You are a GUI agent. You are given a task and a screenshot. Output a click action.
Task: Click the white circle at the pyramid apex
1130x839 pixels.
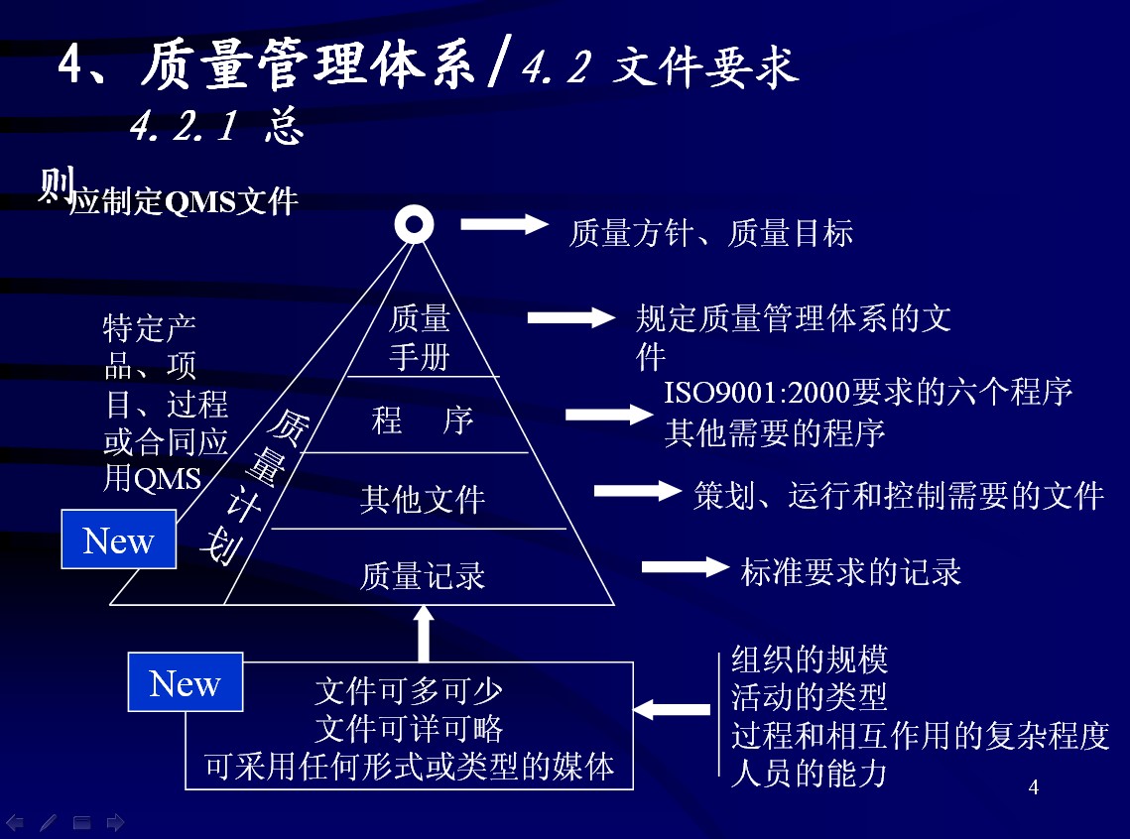coord(413,224)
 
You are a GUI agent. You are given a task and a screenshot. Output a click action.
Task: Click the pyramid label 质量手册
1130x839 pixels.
coord(420,337)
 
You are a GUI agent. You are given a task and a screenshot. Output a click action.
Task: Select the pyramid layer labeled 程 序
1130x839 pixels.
coord(422,420)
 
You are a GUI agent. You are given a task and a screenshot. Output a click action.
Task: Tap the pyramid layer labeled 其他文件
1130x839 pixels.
coord(422,498)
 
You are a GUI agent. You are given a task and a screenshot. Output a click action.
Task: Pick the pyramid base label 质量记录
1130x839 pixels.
coord(422,575)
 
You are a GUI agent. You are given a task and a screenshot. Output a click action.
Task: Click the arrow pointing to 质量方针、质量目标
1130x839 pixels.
coord(504,224)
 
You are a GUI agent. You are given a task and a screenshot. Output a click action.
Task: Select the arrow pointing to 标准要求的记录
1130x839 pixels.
coord(686,567)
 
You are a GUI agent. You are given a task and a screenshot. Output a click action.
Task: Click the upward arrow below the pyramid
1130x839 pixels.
coord(424,633)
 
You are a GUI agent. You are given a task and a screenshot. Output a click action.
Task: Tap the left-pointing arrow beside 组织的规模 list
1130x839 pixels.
coord(672,710)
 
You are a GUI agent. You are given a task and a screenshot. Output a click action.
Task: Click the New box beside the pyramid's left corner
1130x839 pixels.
coord(119,540)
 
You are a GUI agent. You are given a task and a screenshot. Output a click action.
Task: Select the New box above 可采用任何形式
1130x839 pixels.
coord(186,682)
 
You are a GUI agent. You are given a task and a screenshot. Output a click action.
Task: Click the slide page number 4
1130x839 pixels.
coord(1034,788)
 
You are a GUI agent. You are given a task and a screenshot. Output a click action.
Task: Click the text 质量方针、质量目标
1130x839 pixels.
coord(710,233)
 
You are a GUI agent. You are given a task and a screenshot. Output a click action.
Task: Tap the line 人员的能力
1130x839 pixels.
coord(809,772)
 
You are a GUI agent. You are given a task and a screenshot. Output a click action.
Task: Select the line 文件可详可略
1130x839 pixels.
coord(409,729)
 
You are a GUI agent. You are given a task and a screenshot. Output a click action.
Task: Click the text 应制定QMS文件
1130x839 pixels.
coord(185,201)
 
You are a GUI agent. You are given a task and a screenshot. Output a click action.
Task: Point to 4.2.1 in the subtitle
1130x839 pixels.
coord(184,126)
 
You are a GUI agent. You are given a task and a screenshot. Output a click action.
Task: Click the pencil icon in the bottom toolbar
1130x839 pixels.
coord(48,822)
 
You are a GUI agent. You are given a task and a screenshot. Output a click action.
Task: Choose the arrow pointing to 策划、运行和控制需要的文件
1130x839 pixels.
coord(636,490)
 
